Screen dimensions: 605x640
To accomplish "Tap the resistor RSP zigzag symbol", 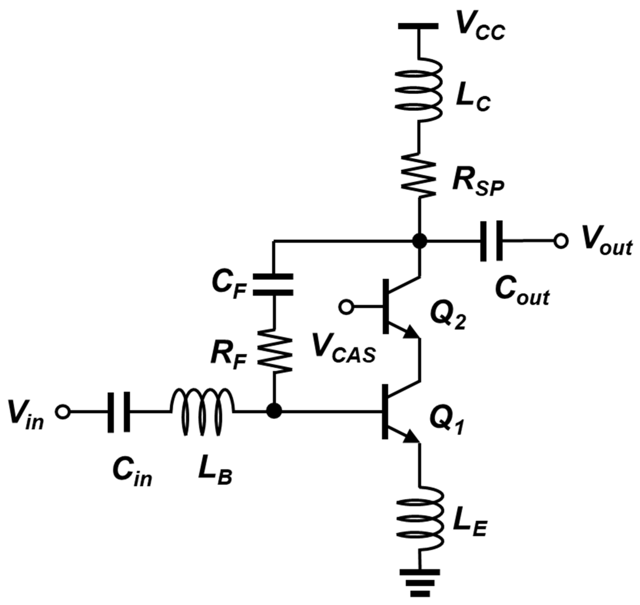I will pyautogui.click(x=419, y=175).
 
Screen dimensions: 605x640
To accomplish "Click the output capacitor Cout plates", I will pyautogui.click(x=491, y=241).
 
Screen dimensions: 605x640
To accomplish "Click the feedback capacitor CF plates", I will pyautogui.click(x=273, y=285).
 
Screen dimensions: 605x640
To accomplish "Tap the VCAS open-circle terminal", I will pyautogui.click(x=346, y=307).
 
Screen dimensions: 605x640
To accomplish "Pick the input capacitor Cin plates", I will pyautogui.click(x=119, y=412).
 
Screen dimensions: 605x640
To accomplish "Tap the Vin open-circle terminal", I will pyautogui.click(x=62, y=412).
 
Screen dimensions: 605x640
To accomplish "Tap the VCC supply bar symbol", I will pyautogui.click(x=418, y=26).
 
